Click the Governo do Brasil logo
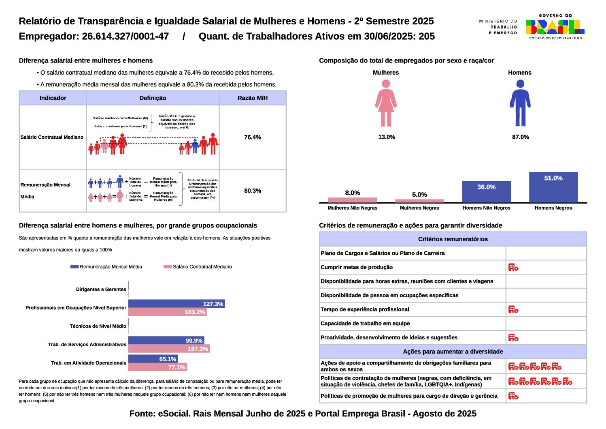[555, 27]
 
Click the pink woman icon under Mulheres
[386, 103]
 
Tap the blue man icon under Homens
[520, 103]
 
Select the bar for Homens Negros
[553, 187]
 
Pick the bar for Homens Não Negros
[486, 192]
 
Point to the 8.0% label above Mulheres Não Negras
[352, 193]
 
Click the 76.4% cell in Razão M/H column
[253, 137]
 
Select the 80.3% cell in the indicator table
[253, 191]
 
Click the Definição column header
[153, 98]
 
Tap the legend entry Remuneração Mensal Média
[106, 267]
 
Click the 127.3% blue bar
[176, 304]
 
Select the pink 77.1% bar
[157, 367]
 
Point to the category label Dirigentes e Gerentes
[101, 290]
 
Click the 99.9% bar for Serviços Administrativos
[166, 341]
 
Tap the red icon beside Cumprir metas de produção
[513, 267]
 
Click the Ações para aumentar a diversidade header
[453, 352]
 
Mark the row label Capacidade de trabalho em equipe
[365, 324]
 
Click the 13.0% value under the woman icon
[386, 137]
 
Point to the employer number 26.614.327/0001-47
[125, 36]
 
